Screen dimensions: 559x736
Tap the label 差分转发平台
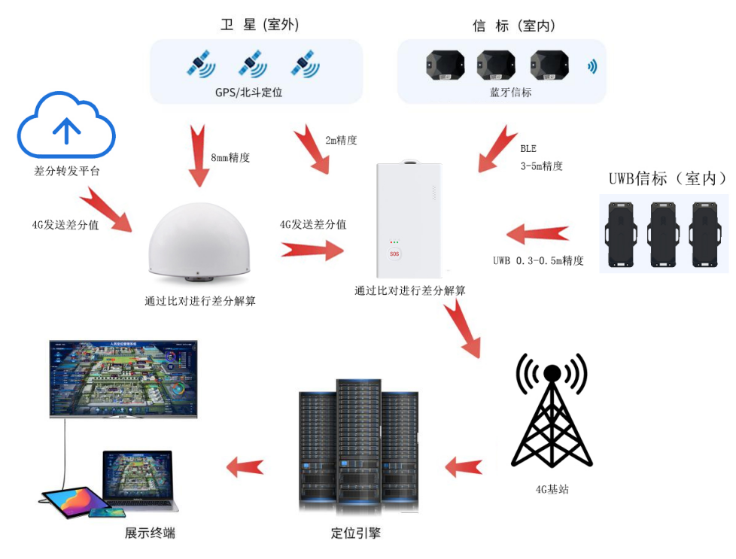coord(67,172)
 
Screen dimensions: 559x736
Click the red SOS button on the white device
coord(394,254)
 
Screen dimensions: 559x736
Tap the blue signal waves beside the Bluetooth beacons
coord(592,66)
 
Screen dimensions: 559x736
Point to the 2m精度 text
coord(341,140)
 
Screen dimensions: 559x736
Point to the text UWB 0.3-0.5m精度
coord(538,261)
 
